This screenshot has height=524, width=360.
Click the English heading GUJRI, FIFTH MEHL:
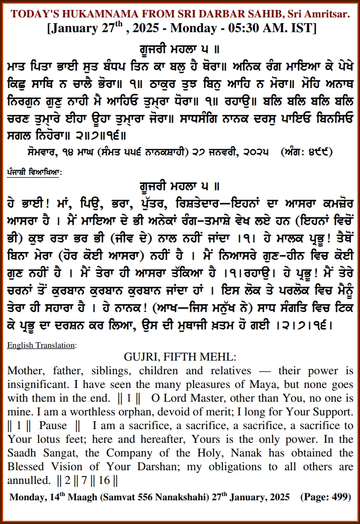180,357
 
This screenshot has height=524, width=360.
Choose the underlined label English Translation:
42,345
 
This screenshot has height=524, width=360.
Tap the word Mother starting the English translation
25,370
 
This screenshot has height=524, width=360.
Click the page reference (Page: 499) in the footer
325,497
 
